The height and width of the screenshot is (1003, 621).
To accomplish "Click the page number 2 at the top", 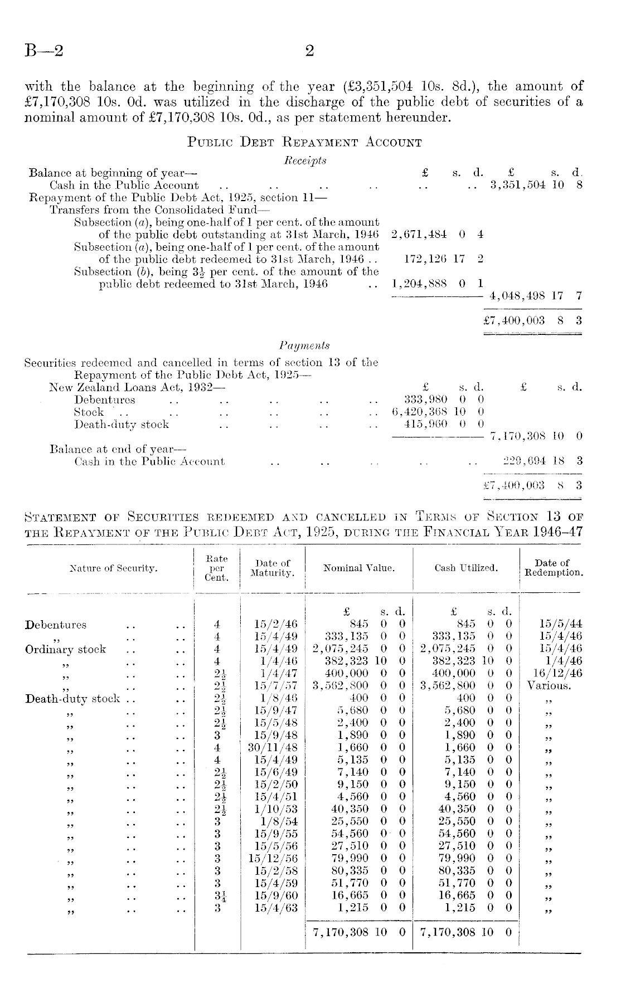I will click(x=310, y=51).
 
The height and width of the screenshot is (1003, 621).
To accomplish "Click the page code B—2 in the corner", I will click(x=43, y=51).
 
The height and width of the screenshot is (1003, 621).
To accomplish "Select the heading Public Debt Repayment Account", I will click(x=304, y=142).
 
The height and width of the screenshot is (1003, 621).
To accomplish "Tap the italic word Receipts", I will click(x=305, y=160).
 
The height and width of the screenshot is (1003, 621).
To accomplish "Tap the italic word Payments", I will click(x=304, y=346).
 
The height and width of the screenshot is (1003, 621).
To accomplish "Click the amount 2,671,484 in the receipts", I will click(x=419, y=235).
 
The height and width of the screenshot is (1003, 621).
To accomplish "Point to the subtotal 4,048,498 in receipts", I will click(x=517, y=296).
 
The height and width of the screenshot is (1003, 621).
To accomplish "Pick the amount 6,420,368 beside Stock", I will click(x=420, y=412).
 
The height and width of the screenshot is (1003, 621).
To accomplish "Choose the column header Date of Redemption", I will click(x=551, y=568).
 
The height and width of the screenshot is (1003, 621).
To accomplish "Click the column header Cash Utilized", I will click(x=466, y=568).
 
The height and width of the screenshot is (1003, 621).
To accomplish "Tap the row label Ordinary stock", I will click(x=66, y=649).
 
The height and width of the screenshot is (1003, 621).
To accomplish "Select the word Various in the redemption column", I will click(x=549, y=686).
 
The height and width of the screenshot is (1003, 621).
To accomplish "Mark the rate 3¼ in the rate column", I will click(x=218, y=895).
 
